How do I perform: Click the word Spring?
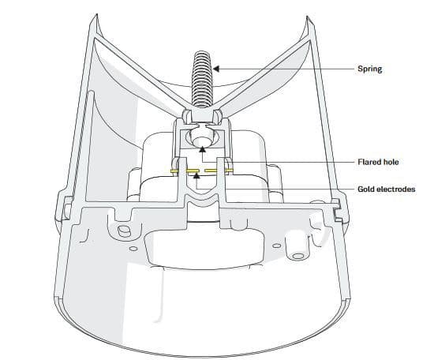click(369, 69)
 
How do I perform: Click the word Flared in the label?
click(369, 162)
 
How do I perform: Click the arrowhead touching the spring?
click(216, 69)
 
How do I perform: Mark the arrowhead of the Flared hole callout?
click(203, 149)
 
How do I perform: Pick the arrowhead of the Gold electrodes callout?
click(196, 174)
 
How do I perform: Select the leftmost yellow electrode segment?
click(174, 171)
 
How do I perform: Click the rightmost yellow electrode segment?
click(230, 171)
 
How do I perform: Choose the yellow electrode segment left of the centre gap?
click(192, 171)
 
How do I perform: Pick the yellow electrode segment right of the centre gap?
click(211, 171)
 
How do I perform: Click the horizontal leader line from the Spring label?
click(286, 69)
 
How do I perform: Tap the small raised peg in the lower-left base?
click(124, 230)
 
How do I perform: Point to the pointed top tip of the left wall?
click(96, 14)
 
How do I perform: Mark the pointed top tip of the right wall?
click(307, 17)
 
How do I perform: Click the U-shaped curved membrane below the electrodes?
click(201, 201)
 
